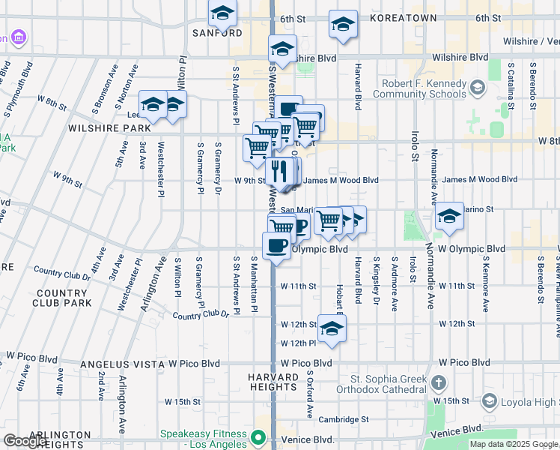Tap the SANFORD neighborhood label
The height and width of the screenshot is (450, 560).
tap(217, 33)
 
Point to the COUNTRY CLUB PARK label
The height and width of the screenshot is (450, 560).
tap(61, 298)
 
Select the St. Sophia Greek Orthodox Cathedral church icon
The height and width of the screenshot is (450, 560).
tap(439, 383)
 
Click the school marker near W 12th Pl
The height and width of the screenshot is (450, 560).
tap(332, 328)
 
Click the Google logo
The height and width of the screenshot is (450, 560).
tap(25, 441)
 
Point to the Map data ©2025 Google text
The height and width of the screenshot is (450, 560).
tap(513, 444)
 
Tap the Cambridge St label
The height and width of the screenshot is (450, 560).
tap(344, 419)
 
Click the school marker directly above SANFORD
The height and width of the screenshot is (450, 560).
tap(222, 13)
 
